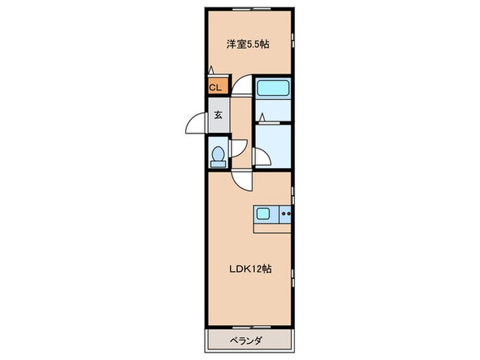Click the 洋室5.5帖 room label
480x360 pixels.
point(248,45)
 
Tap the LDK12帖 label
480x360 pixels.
point(250,269)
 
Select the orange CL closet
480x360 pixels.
point(215,87)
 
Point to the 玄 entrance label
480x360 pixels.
point(217,115)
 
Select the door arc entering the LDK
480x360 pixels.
point(241,180)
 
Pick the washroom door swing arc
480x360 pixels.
point(262,156)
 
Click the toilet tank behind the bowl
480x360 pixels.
point(217,164)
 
